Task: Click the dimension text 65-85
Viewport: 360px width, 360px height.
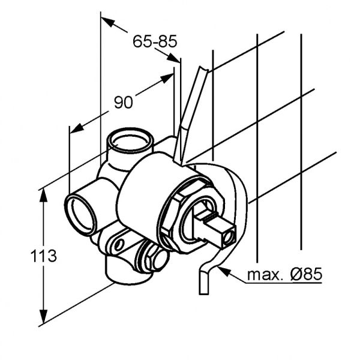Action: (x=155, y=41)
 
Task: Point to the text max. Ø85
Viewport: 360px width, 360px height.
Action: (x=284, y=275)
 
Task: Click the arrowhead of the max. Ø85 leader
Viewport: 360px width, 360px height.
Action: (x=223, y=271)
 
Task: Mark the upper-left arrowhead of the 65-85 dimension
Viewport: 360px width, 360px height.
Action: (x=107, y=22)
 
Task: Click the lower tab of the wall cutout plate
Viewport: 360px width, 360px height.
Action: (x=203, y=282)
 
